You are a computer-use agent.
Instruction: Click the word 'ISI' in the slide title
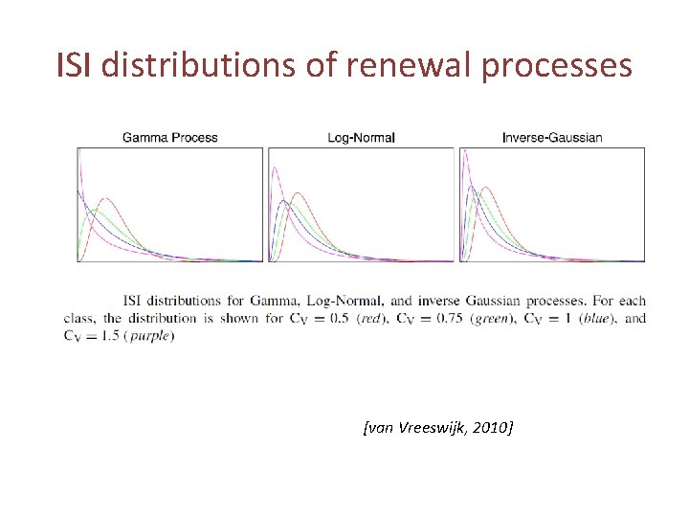point(74,64)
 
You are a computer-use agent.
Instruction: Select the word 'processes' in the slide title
point(557,67)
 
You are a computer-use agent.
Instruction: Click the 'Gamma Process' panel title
point(170,138)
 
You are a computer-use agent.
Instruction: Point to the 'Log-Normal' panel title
point(361,138)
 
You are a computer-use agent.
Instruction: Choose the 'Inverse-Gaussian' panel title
point(552,138)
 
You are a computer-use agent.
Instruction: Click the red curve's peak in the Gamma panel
point(106,198)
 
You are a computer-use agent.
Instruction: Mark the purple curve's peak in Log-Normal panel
point(275,167)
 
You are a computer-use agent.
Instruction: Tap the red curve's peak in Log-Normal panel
point(298,193)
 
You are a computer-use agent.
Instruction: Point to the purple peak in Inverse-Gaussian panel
point(465,151)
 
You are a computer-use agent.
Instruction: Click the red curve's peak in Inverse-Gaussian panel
point(486,188)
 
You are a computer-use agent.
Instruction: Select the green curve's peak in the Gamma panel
point(95,211)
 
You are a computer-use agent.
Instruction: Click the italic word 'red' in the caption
point(371,318)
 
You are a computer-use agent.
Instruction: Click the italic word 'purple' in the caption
point(150,336)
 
